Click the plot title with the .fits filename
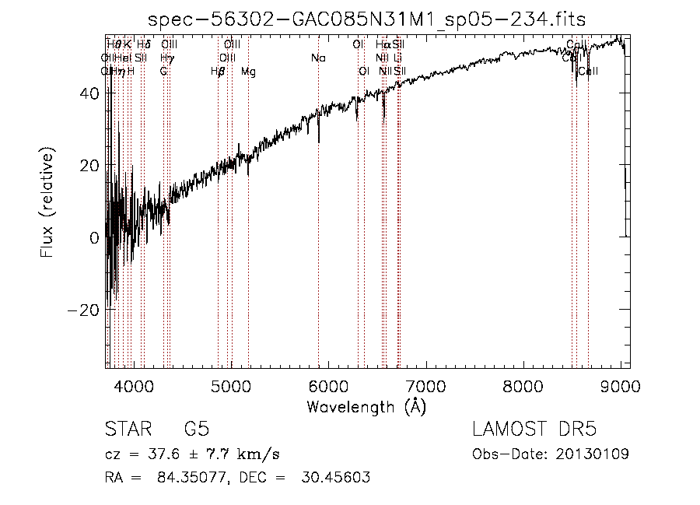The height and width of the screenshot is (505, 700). click(366, 19)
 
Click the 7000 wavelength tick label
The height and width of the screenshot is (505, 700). click(425, 387)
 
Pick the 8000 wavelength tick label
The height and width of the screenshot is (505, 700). click(523, 387)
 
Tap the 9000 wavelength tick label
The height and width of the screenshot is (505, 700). click(621, 387)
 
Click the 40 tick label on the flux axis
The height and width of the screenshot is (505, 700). click(89, 93)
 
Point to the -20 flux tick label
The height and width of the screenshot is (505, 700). click(84, 310)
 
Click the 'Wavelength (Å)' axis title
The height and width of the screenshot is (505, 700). click(366, 406)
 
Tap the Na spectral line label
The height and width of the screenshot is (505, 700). click(318, 58)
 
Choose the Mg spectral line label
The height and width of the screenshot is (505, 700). click(248, 72)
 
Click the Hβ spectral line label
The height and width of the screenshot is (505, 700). click(218, 72)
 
